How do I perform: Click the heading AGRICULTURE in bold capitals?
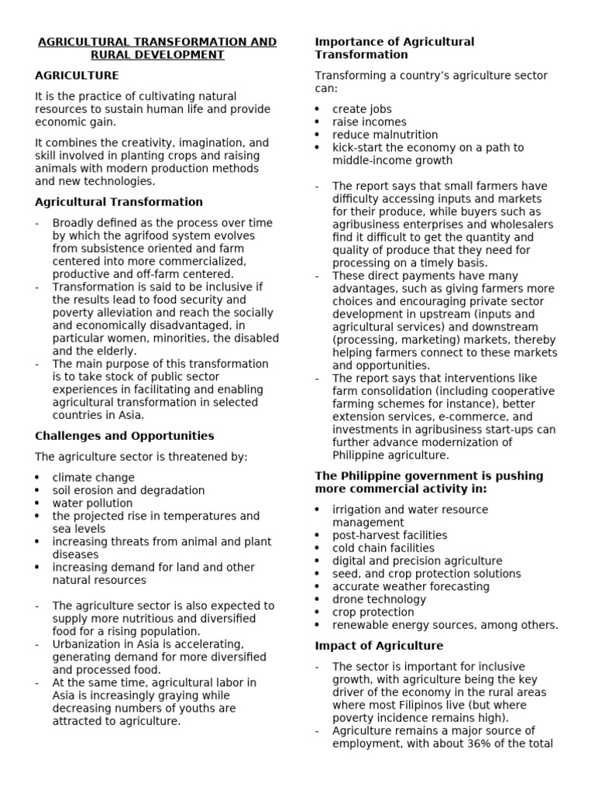(77, 75)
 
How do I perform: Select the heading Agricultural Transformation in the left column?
(119, 202)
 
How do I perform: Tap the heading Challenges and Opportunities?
(124, 436)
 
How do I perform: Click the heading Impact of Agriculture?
(379, 646)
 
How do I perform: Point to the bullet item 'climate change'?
(93, 478)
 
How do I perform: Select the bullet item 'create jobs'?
(362, 109)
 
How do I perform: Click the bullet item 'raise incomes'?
(369, 122)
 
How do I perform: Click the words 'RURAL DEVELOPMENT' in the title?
(157, 55)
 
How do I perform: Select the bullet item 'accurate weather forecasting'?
(411, 587)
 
